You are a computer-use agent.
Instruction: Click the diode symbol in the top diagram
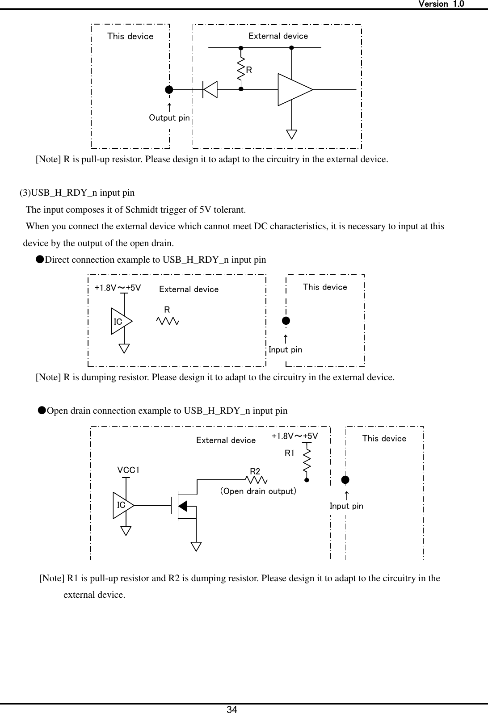tap(210, 89)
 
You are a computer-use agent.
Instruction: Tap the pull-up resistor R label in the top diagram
tap(249, 70)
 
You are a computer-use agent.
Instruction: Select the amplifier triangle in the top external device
tap(293, 89)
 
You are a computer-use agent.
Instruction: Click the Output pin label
tap(169, 118)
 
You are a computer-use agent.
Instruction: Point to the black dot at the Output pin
tap(169, 89)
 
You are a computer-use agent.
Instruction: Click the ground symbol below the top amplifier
tap(292, 134)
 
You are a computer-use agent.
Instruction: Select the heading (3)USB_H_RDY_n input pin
tap(77, 193)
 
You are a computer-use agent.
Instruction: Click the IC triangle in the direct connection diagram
tap(120, 321)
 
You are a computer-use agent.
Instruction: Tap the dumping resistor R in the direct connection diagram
tap(168, 320)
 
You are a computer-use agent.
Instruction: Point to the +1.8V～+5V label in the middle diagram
tap(118, 288)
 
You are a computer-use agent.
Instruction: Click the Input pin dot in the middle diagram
tap(286, 320)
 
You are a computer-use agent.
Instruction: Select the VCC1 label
tap(128, 470)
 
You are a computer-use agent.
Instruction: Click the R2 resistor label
tap(255, 471)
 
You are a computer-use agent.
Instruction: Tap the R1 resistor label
tap(290, 453)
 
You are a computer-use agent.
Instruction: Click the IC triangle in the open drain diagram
tap(122, 505)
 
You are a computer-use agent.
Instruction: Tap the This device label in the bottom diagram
tap(384, 439)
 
